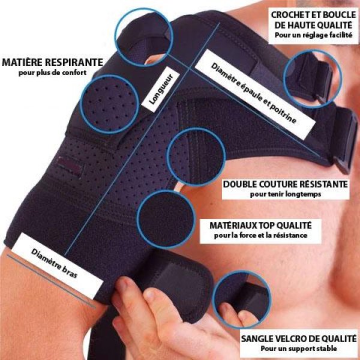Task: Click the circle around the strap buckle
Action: coord(309,73)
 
